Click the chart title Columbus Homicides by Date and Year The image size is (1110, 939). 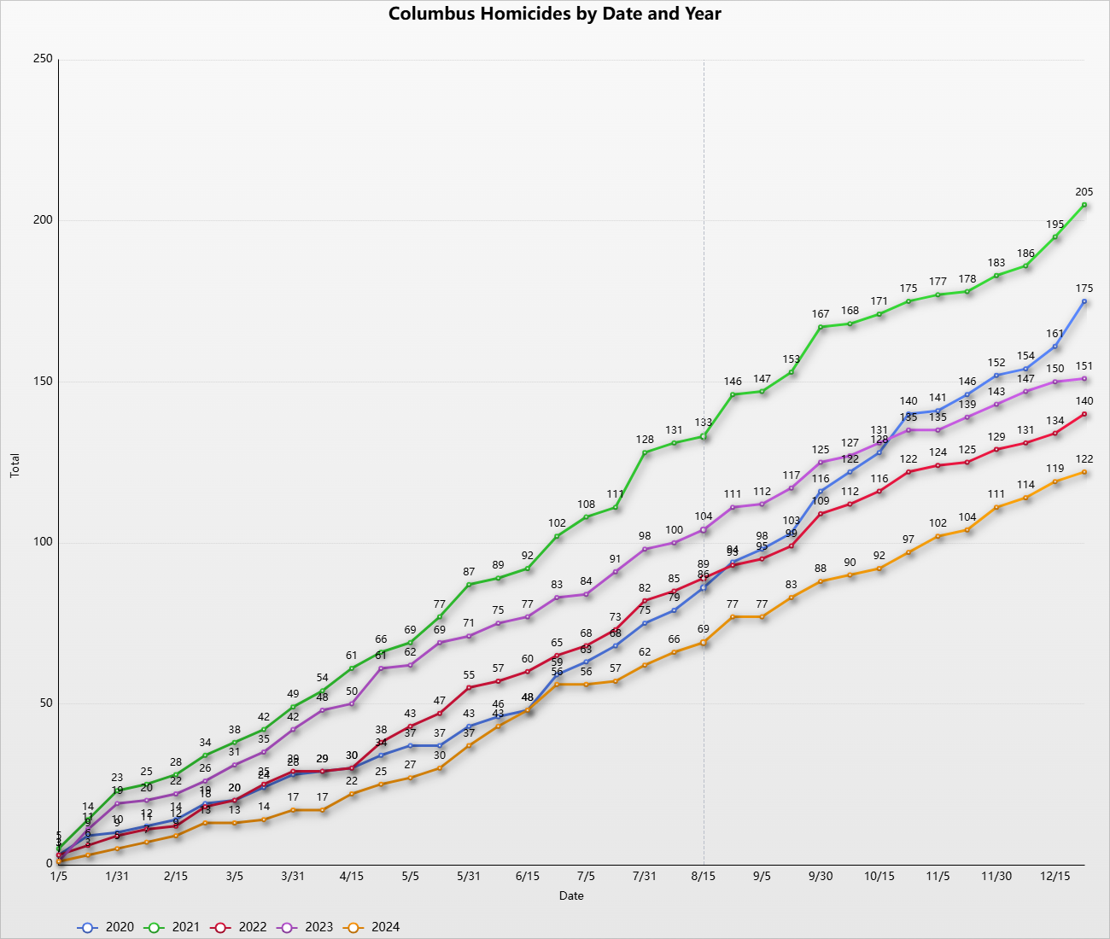[x=555, y=14]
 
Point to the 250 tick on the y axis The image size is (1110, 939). [x=43, y=59]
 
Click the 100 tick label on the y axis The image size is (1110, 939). [x=43, y=542]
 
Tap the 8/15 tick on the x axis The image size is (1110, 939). [x=704, y=876]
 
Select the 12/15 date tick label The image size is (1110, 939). [x=1054, y=876]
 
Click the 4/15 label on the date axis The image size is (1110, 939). [x=352, y=876]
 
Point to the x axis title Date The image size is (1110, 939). [x=571, y=895]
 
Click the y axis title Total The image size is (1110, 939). [x=15, y=465]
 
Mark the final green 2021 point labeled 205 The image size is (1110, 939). [x=1084, y=205]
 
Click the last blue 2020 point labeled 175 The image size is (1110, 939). [x=1084, y=301]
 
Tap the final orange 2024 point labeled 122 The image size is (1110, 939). [x=1084, y=472]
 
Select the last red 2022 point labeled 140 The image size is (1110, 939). [x=1084, y=414]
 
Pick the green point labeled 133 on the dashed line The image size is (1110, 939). [x=704, y=436]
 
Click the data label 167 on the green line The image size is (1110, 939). [x=821, y=314]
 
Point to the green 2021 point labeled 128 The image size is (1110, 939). [x=645, y=452]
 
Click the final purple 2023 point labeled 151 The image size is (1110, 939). [x=1084, y=378]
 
